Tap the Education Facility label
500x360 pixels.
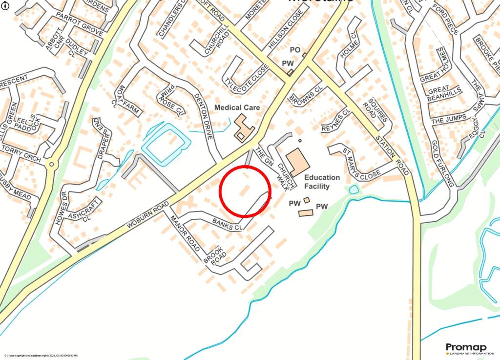coord(321,182)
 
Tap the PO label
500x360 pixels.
coord(295,50)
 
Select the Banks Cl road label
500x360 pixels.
coord(228,225)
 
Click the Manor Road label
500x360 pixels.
coord(186,234)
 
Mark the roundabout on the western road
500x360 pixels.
coord(50,165)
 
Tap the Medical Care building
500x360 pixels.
coord(242,128)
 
